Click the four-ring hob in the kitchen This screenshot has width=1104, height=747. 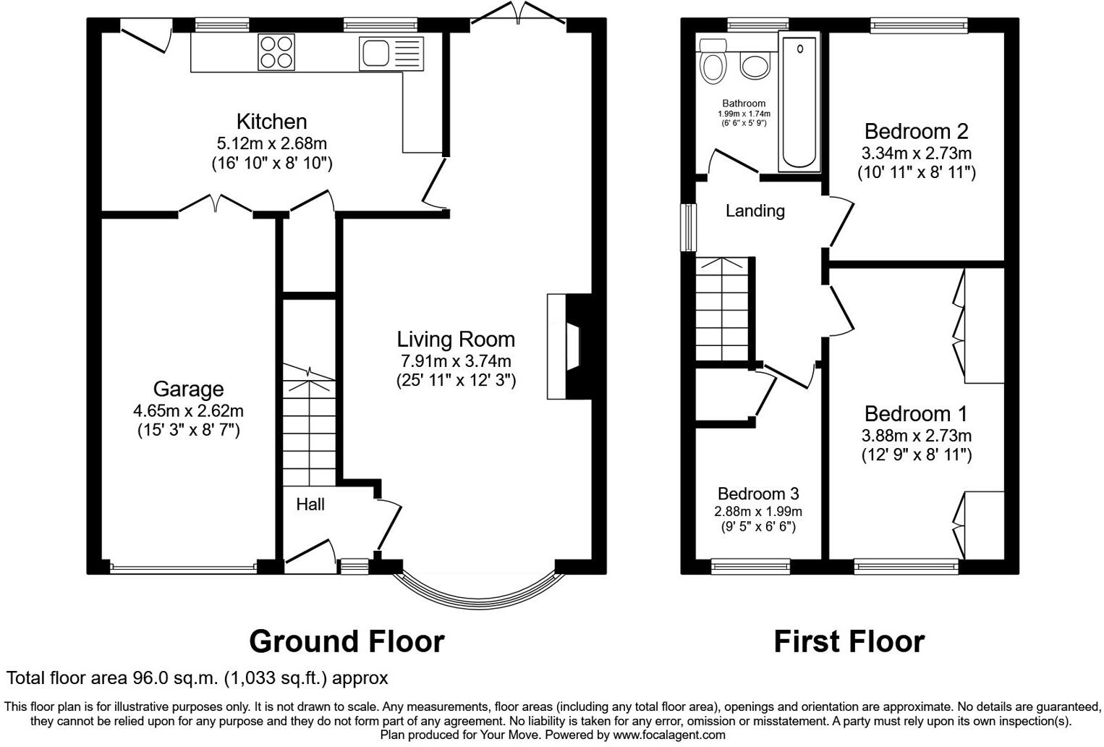point(276,52)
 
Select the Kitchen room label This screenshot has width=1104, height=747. point(271,122)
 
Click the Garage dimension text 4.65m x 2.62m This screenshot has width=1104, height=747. point(188,411)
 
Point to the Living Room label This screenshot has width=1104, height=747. point(456,339)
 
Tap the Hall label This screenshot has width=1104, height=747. point(310,505)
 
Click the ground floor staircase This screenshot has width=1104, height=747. point(310,427)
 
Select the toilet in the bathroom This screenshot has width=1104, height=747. point(713,62)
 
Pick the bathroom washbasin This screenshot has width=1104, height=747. point(755,67)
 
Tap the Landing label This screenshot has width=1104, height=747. point(755,211)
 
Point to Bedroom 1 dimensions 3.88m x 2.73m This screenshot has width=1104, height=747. point(916,436)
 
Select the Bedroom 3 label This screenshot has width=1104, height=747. point(758,494)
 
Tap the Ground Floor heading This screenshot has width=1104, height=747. point(347,641)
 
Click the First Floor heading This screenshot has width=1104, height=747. point(849,641)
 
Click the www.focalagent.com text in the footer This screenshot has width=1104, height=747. point(669,735)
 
